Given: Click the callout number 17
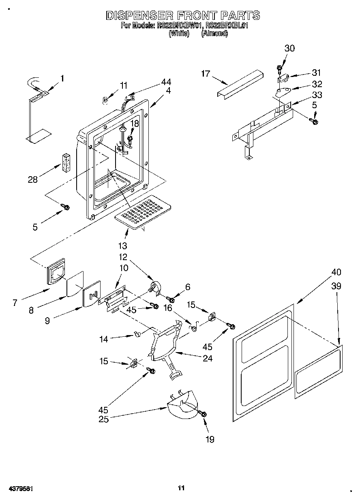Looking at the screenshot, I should (206, 74).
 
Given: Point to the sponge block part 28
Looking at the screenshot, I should (66, 163).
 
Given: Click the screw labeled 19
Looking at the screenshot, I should (203, 414).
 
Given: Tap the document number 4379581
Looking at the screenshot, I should (20, 489).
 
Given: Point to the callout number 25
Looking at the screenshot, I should (104, 419).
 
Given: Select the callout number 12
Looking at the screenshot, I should (123, 257).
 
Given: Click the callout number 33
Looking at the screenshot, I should (317, 95).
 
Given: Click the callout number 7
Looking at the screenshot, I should (15, 302).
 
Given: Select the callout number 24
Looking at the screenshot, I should (207, 358).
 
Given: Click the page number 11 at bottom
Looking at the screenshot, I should (181, 488).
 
